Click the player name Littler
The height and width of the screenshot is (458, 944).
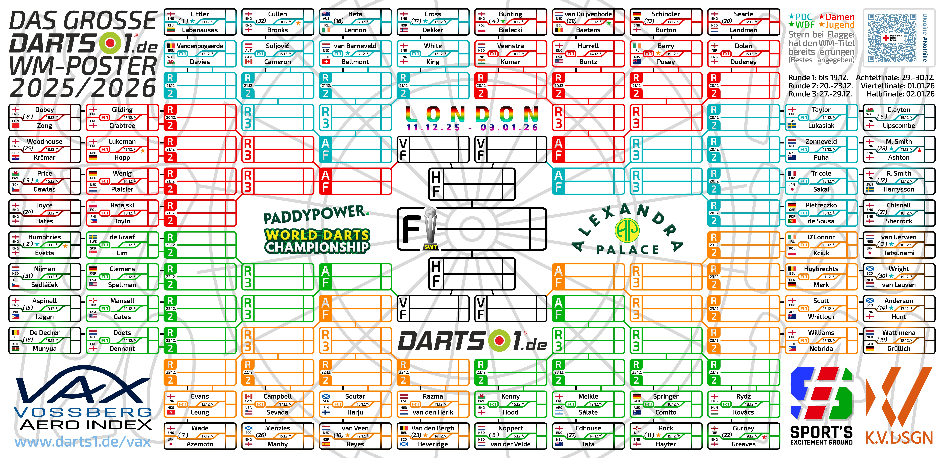[x=200, y=14]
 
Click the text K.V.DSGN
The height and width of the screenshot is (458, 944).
[x=899, y=438]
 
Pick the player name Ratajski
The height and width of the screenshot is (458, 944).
[x=122, y=205]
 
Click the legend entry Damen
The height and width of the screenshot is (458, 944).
[x=840, y=17]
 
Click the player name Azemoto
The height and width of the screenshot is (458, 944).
[x=200, y=444]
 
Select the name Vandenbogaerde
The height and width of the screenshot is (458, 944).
[x=200, y=46]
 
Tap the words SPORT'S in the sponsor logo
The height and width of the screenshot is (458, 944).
[x=821, y=432]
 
